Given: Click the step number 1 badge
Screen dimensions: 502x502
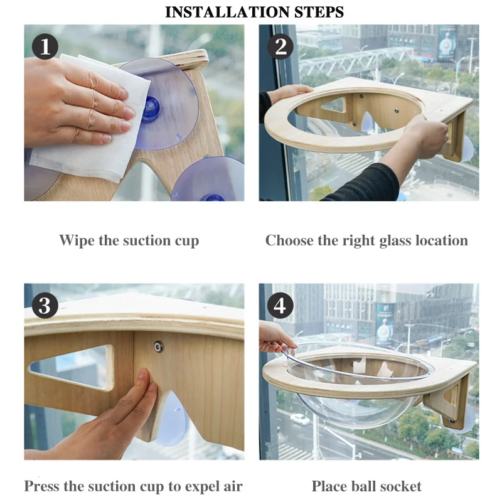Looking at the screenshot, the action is pyautogui.click(x=45, y=46).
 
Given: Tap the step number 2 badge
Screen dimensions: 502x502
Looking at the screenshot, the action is pyautogui.click(x=280, y=46).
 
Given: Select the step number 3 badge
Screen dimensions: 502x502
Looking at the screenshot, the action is pyautogui.click(x=45, y=305).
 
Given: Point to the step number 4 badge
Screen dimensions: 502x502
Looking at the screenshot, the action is pyautogui.click(x=280, y=305).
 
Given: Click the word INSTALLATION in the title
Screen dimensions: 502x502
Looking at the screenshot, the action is pyautogui.click(x=228, y=12).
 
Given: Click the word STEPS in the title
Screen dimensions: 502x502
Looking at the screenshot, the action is pyautogui.click(x=319, y=12).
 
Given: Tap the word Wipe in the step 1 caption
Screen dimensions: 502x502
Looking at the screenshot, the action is pyautogui.click(x=77, y=241).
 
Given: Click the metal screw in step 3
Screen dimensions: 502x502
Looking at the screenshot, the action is pyautogui.click(x=158, y=346).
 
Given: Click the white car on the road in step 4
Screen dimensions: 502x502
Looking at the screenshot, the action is pyautogui.click(x=300, y=419).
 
